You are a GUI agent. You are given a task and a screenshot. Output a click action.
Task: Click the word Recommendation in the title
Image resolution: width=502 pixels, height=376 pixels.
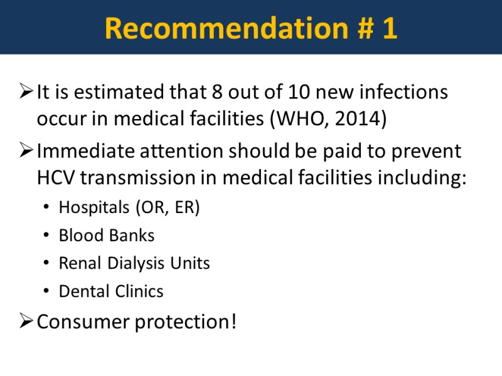pos(227,28)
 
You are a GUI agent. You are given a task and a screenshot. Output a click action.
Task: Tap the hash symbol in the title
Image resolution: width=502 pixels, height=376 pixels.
pos(365,29)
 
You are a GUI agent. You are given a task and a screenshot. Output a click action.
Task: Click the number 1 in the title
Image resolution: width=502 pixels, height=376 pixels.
pos(390,29)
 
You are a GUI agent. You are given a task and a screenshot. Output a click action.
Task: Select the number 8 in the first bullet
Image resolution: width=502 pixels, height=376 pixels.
pos(216,92)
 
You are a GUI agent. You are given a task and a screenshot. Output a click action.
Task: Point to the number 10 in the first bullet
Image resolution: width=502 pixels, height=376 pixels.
pos(299,92)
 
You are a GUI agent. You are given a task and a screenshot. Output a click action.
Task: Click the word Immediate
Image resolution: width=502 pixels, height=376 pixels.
pos(85,151)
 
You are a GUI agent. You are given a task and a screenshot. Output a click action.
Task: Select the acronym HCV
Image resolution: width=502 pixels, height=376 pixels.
pos(56,177)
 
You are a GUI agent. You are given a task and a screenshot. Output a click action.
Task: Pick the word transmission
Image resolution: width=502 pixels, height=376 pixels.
pos(137,177)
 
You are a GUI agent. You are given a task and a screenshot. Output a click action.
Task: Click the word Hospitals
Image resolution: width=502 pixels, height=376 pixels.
pos(94,207)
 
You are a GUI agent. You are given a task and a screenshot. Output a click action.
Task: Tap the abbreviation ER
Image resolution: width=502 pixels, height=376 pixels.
pos(184,207)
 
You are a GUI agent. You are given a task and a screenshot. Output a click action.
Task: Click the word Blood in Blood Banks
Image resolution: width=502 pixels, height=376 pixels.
pos(80,236)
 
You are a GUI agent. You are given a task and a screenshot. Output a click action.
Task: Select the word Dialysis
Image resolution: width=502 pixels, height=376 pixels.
pos(136,264)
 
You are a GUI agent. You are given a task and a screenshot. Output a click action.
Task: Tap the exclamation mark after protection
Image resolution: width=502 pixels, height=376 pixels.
pos(233,321)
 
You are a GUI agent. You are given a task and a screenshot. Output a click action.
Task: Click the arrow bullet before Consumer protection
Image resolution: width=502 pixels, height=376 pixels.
pos(26,321)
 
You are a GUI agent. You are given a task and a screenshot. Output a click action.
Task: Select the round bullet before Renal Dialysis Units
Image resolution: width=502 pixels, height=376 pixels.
pos(46,263)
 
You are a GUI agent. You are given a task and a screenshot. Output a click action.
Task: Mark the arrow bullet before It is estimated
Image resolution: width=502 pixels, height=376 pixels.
pos(26,90)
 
